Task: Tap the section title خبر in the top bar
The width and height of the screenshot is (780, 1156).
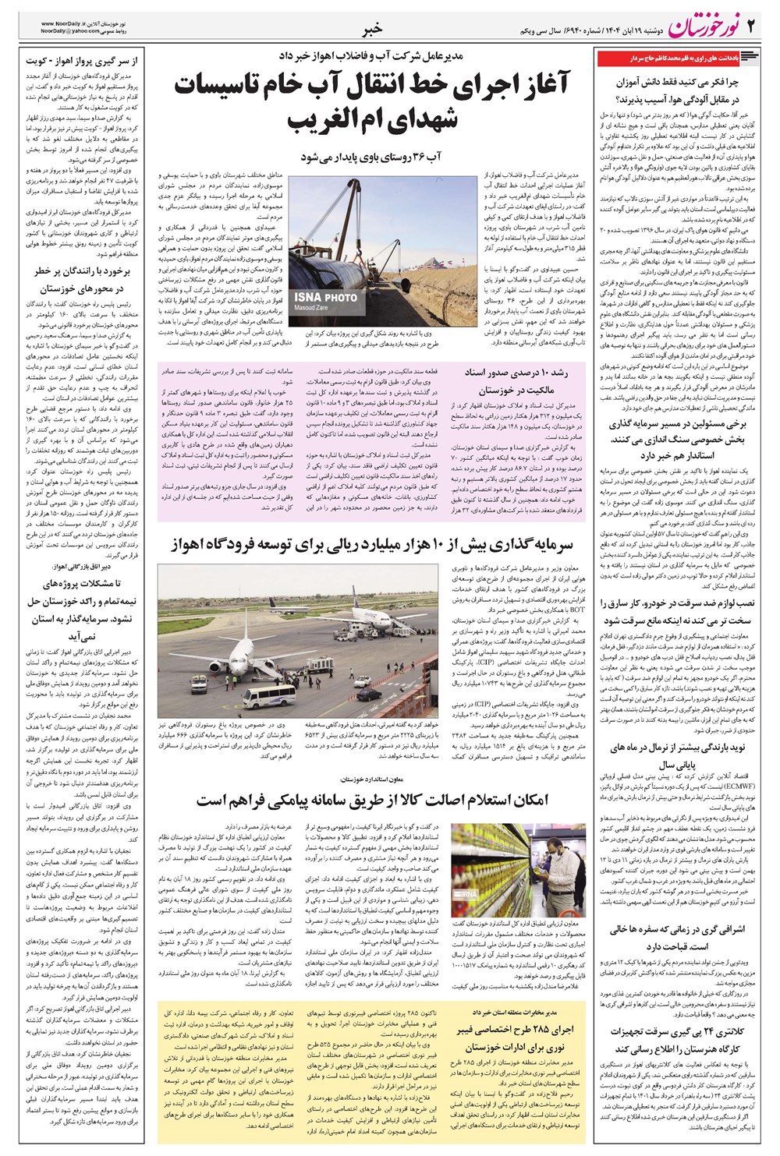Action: pyautogui.click(x=374, y=30)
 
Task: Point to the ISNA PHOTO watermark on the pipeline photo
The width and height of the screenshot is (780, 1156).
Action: pyautogui.click(x=325, y=297)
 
